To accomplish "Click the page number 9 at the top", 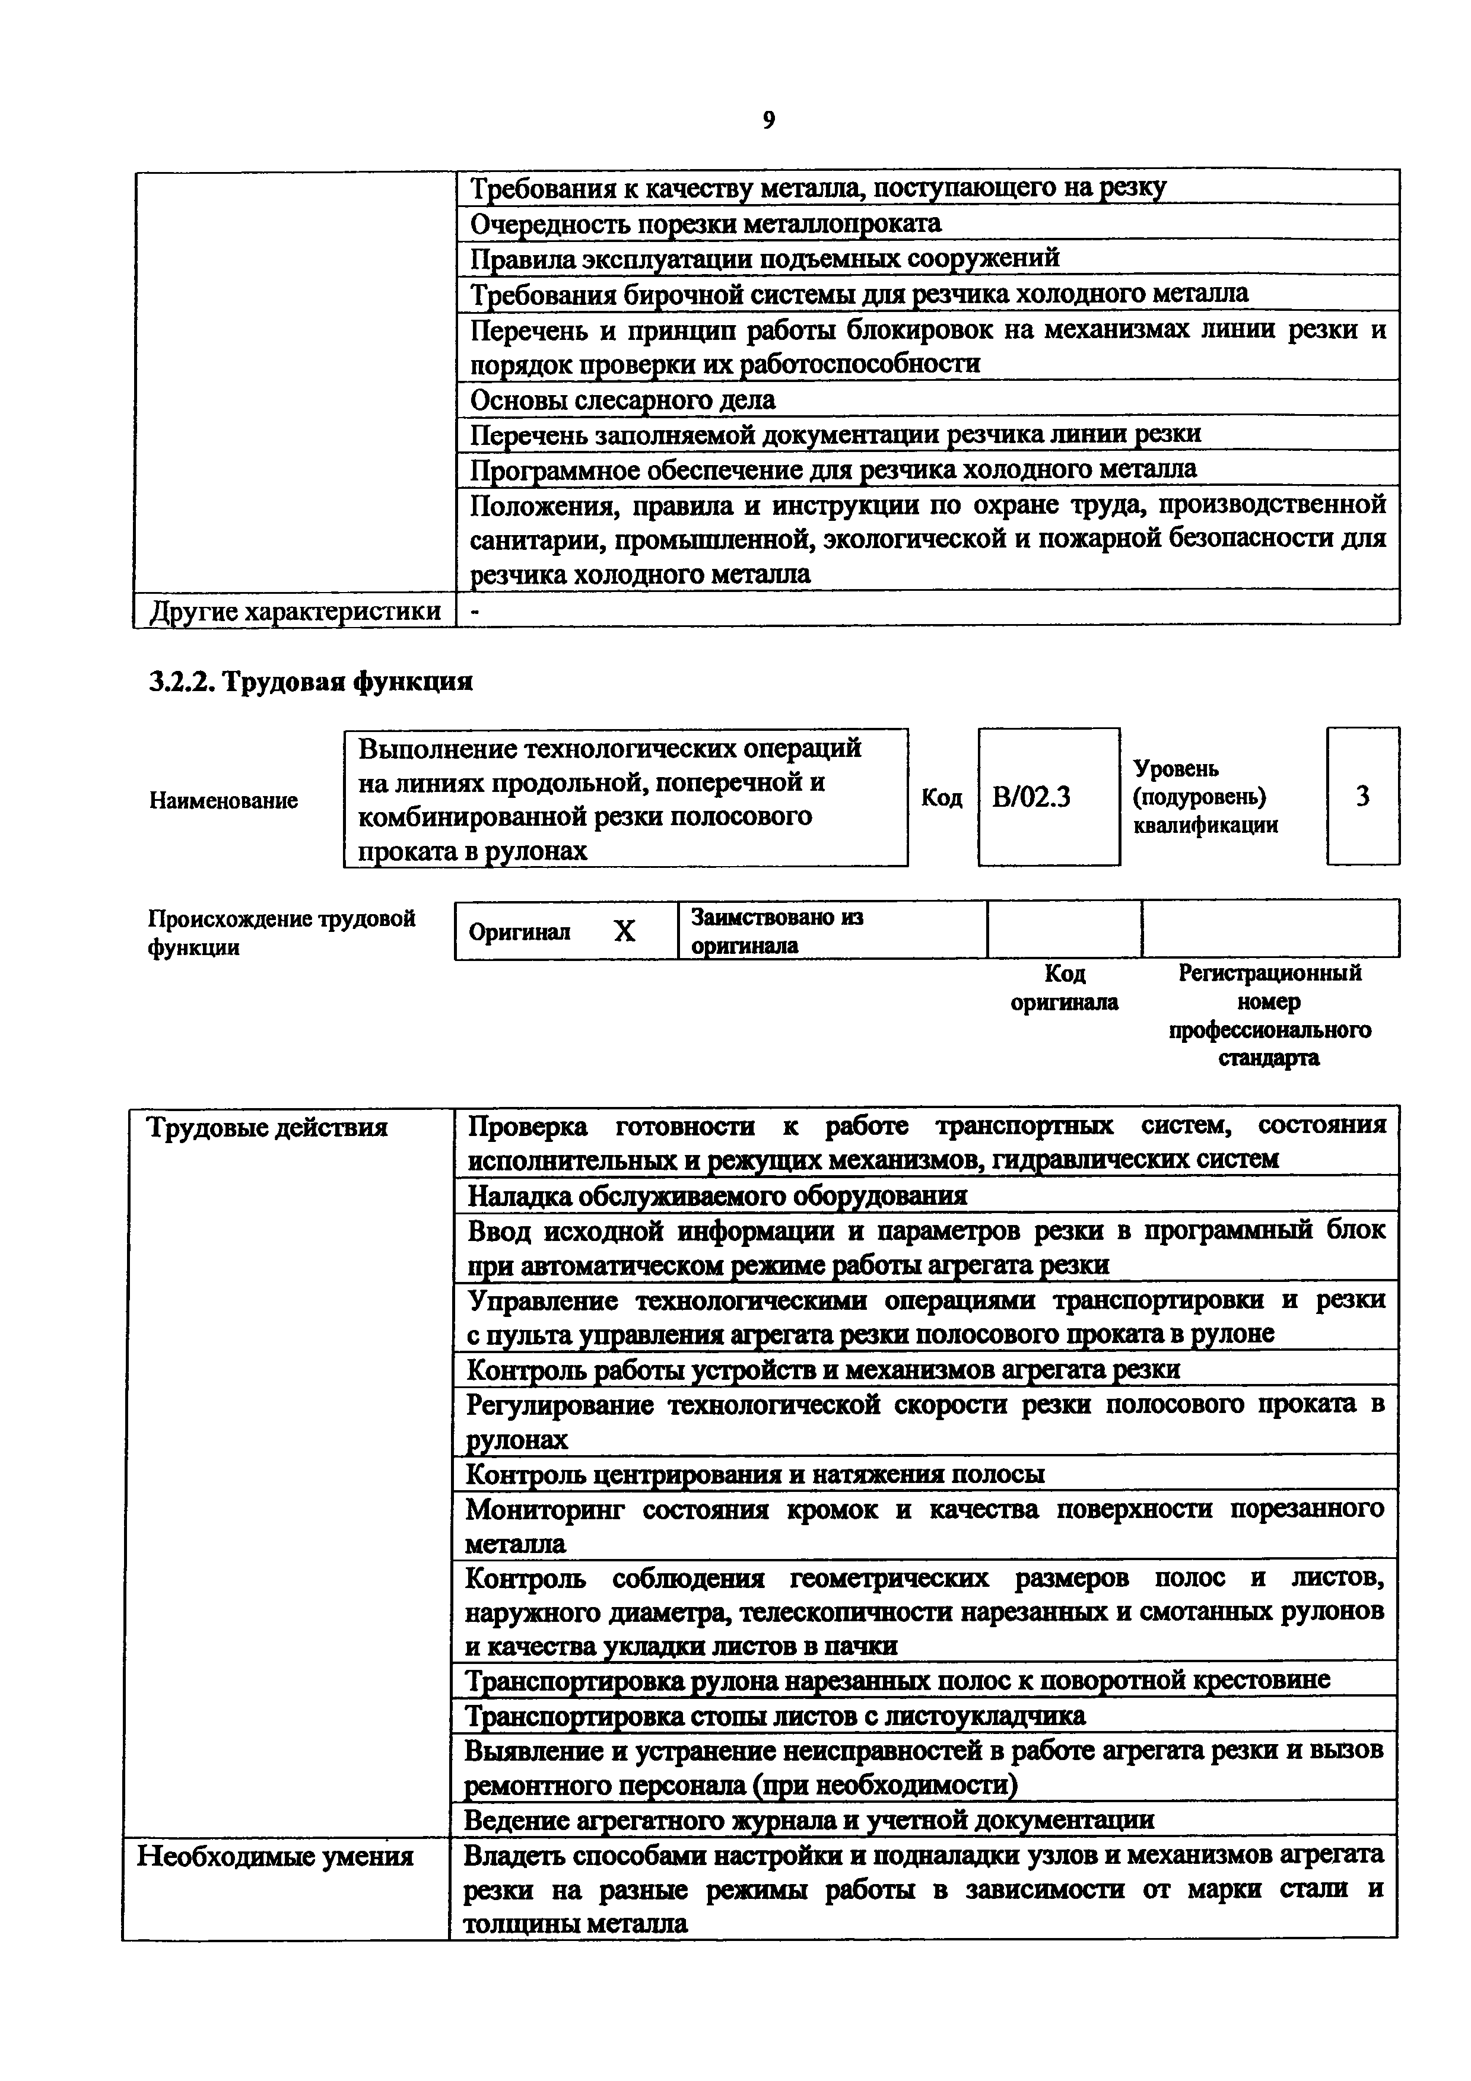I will [768, 120].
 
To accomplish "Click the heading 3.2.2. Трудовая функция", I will [310, 682].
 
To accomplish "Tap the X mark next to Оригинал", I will [624, 931].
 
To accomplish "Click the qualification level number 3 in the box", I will [1362, 797].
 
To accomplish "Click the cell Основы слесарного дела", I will [622, 400].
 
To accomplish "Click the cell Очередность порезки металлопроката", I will [705, 223].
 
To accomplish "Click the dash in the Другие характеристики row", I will [474, 612].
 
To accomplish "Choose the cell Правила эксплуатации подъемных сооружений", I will [764, 258].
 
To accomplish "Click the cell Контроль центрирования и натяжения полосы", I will [754, 1475].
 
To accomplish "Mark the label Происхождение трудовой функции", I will [281, 933].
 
